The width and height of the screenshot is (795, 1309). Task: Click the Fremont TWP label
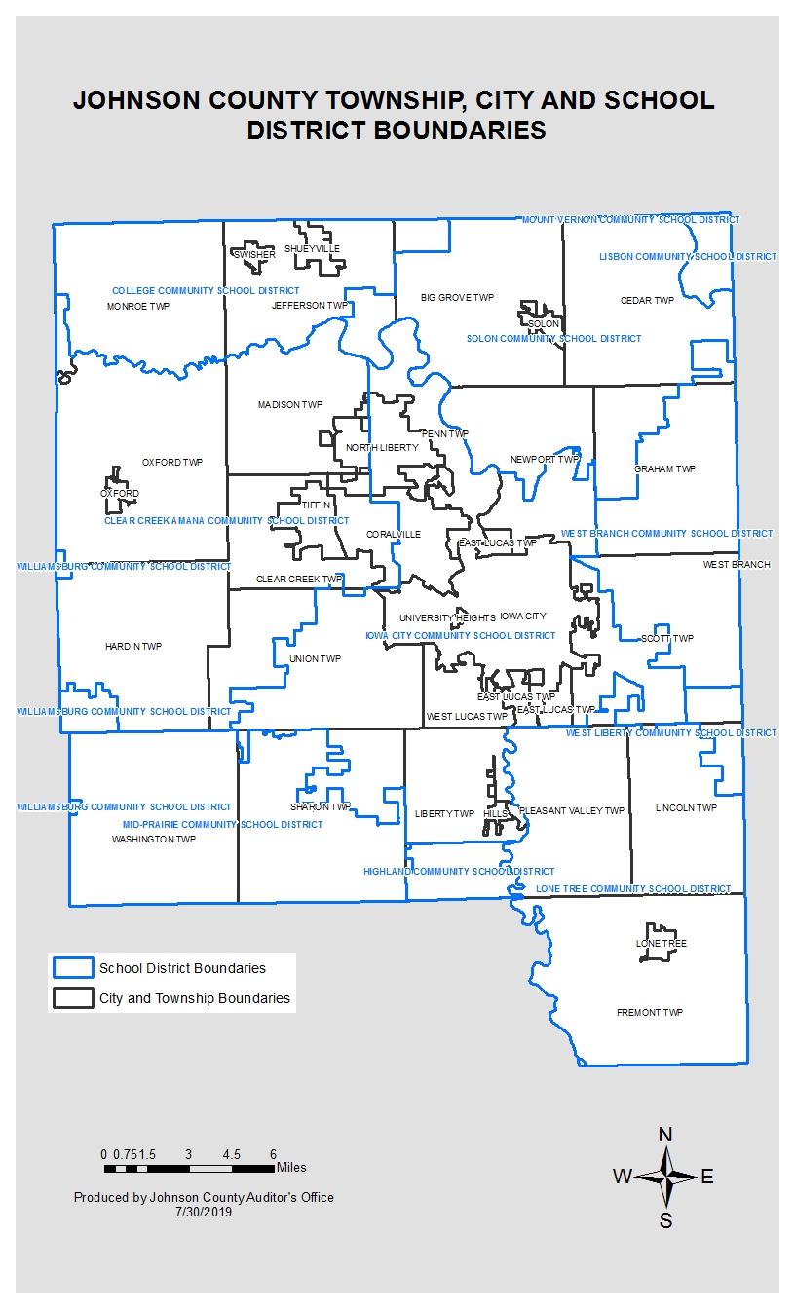[649, 1013]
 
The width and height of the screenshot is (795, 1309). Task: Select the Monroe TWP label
[138, 306]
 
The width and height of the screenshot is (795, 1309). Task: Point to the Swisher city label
[254, 255]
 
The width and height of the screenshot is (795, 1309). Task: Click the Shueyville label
[313, 249]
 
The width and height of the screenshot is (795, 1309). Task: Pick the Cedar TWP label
[647, 301]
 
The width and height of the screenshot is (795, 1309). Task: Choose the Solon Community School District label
[553, 339]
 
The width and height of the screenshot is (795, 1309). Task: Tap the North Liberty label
[382, 448]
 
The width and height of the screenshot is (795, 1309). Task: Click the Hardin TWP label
[133, 647]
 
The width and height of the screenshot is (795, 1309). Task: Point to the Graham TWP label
[664, 469]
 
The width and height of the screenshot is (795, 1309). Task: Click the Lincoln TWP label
[686, 808]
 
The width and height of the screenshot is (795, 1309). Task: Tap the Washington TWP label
[154, 839]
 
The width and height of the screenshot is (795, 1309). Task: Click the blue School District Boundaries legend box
[72, 968]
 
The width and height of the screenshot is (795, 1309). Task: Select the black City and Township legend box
[72, 998]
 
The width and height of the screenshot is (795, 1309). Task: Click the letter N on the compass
[665, 1134]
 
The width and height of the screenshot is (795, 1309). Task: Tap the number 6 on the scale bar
[274, 1154]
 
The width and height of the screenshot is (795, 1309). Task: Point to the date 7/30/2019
[204, 1211]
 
